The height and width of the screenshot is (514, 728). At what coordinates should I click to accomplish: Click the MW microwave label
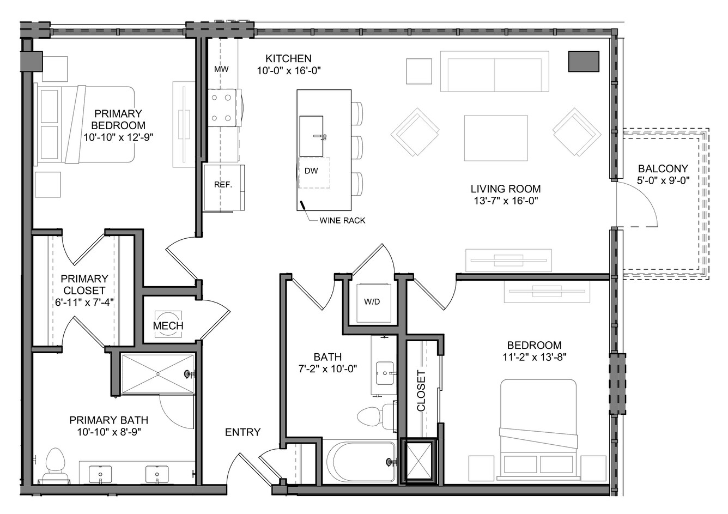(221, 69)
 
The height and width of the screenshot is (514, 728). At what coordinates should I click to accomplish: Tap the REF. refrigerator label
(223, 185)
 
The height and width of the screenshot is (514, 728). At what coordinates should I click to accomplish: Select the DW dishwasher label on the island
(311, 171)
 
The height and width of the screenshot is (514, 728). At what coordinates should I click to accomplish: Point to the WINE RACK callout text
(342, 220)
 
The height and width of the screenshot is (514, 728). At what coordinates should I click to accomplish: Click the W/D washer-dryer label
(372, 301)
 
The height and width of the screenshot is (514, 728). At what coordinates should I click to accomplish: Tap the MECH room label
(168, 325)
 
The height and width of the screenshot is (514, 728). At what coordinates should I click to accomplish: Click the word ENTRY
(243, 432)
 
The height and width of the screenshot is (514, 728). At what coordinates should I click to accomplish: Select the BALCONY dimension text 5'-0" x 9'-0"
(663, 180)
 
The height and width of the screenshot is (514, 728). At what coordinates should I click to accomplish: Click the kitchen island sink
(311, 136)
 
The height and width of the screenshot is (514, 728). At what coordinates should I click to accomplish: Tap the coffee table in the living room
(496, 138)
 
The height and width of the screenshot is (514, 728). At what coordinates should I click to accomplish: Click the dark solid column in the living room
(584, 62)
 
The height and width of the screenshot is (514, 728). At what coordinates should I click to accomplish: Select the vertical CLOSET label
(421, 390)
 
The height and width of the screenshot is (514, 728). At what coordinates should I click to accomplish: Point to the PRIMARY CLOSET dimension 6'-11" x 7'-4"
(84, 303)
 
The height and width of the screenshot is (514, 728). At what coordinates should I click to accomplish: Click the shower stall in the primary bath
(157, 374)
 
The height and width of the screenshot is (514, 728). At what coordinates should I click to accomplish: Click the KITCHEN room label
(288, 58)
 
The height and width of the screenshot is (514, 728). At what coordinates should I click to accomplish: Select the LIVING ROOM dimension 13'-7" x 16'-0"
(506, 201)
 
